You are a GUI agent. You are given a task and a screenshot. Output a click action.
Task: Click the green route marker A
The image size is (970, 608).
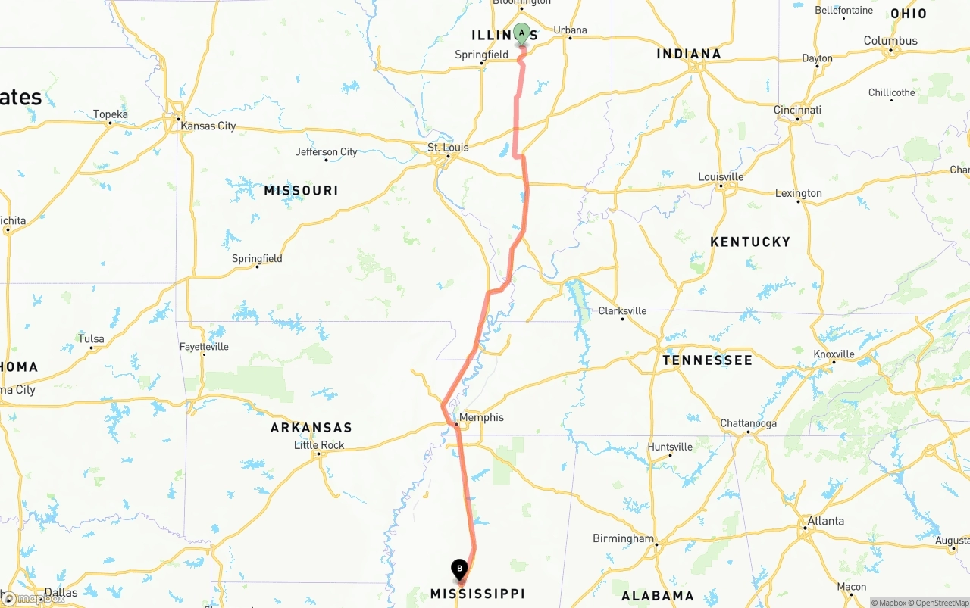[521, 33]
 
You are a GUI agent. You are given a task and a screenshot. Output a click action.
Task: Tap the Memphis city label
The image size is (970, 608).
[481, 417]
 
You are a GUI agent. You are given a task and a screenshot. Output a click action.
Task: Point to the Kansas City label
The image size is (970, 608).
[208, 126]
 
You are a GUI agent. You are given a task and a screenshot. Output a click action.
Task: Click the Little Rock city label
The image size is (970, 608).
[319, 445]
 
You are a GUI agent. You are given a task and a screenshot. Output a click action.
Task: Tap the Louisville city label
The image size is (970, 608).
[721, 176]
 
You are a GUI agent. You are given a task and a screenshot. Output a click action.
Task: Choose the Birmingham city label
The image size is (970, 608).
[623, 538]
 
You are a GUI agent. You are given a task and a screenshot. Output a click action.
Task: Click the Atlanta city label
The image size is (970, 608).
[825, 521]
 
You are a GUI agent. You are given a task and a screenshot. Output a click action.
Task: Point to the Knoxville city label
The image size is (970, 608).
[834, 354]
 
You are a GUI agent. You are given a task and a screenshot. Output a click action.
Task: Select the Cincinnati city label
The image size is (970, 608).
[797, 110]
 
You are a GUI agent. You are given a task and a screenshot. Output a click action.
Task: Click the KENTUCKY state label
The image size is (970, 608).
[750, 242]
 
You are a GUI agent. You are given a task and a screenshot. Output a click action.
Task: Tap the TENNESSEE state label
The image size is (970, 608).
[707, 360]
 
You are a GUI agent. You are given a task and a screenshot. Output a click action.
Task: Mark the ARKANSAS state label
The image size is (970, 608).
[311, 428]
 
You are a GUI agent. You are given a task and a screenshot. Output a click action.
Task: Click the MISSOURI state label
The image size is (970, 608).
[301, 190]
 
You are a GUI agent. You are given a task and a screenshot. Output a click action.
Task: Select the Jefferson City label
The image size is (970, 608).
[326, 151]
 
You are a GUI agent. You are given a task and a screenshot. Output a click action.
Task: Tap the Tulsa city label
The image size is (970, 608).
[91, 338]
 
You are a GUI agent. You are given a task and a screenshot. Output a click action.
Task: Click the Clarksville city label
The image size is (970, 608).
[622, 310]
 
